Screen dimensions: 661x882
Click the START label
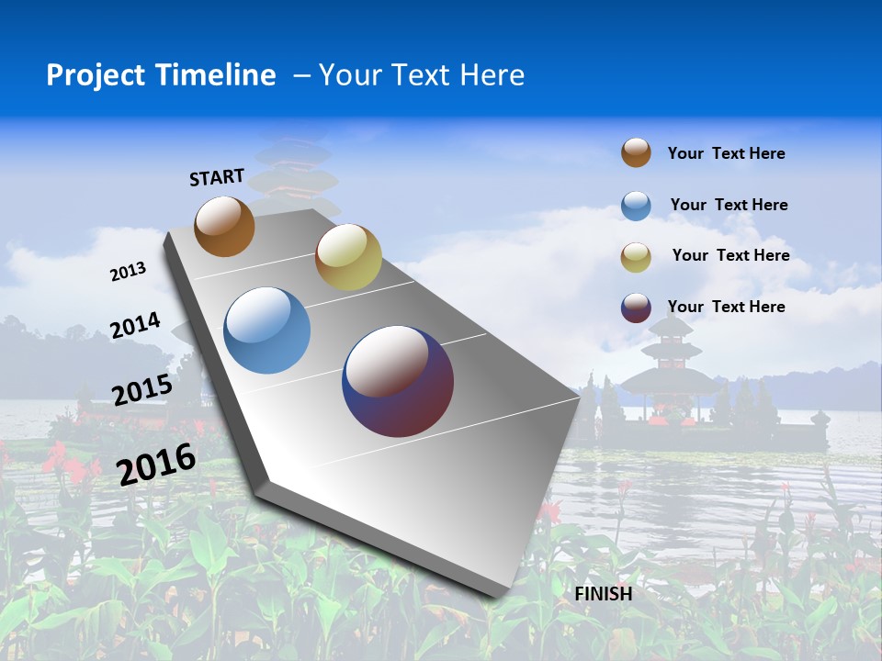(x=217, y=176)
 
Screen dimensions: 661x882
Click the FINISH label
(x=604, y=594)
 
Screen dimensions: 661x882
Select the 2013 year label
(x=128, y=272)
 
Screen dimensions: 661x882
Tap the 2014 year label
(x=135, y=326)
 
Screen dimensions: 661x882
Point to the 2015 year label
(x=141, y=390)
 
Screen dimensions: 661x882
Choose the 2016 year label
(x=156, y=463)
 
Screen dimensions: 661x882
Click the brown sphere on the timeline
(x=224, y=226)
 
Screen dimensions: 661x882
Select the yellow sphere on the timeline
(x=348, y=257)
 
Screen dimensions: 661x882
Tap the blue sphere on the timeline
(x=267, y=330)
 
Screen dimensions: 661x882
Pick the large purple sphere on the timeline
(x=398, y=381)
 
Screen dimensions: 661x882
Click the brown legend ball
(x=636, y=152)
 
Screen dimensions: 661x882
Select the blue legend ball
(x=636, y=206)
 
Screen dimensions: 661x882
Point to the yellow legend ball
(x=636, y=257)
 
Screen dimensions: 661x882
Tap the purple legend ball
(x=636, y=308)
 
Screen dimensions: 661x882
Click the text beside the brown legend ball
(x=726, y=153)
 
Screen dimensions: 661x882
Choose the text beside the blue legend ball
(x=729, y=205)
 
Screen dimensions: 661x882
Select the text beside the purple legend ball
(x=726, y=307)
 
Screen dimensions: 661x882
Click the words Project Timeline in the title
(x=161, y=75)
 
